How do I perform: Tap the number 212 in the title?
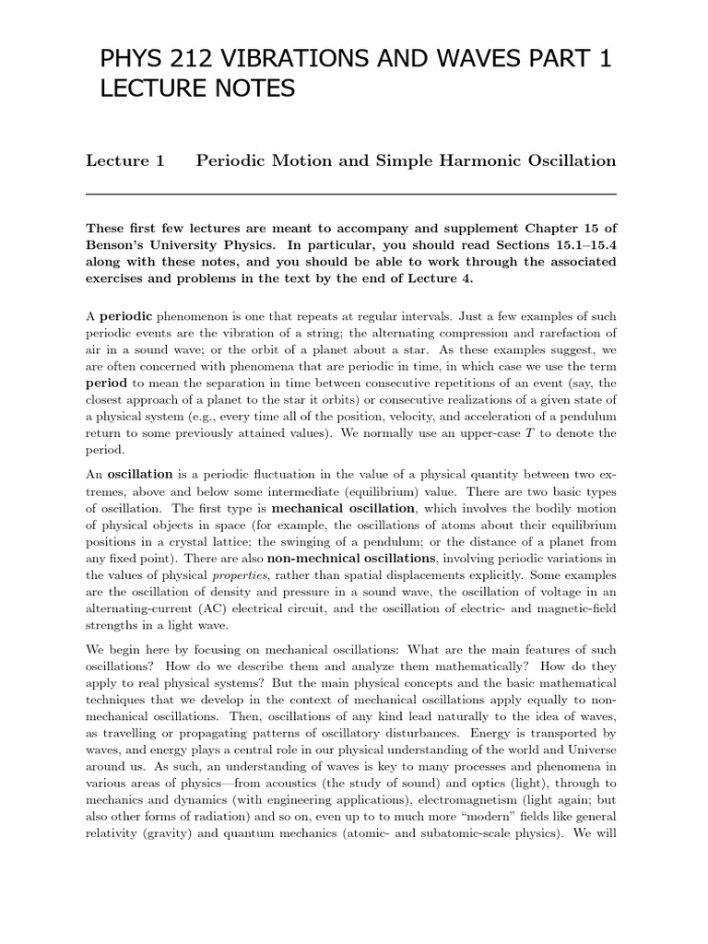[197, 61]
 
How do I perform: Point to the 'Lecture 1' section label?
[124, 160]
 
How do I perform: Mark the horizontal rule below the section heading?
[350, 195]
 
